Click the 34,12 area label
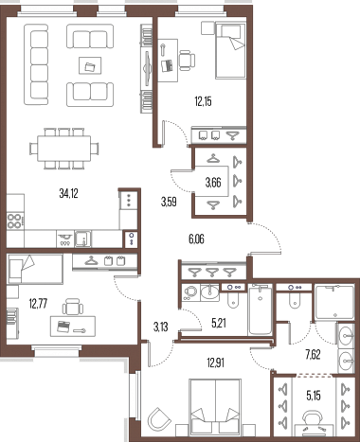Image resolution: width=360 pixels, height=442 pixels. (68, 194)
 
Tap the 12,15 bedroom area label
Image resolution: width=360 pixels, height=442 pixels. (203, 101)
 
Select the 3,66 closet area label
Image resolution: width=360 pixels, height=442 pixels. (213, 183)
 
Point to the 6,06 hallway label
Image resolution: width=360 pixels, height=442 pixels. (196, 239)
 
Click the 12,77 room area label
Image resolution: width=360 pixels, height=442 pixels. (38, 304)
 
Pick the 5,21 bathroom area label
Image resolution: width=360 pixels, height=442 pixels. (219, 323)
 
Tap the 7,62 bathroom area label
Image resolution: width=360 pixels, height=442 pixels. (313, 355)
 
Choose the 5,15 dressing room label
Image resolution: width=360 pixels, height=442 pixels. (314, 396)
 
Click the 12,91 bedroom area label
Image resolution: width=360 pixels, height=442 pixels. (216, 362)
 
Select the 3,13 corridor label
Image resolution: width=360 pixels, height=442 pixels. (160, 327)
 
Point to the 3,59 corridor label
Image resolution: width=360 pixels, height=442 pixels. (169, 202)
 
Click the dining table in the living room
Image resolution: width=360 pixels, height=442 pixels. (64, 149)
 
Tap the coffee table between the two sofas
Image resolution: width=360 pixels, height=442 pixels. (90, 65)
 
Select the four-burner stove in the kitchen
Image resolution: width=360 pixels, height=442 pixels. (15, 221)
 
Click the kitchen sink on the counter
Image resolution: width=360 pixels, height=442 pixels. (82, 239)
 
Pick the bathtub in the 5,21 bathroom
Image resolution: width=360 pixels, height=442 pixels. (260, 309)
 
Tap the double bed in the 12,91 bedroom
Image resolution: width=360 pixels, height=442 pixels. (215, 406)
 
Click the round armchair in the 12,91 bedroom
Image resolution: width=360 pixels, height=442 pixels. (159, 418)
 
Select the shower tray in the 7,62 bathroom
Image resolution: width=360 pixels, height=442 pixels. (334, 303)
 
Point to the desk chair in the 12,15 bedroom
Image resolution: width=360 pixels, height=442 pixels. (187, 60)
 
